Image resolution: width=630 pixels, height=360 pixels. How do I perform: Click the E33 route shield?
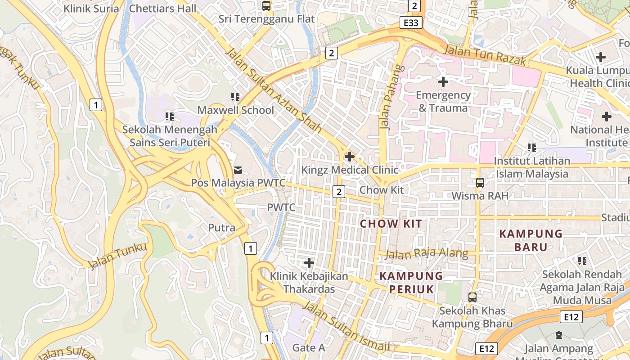411,22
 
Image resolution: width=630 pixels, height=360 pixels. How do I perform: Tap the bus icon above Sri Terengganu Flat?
266,6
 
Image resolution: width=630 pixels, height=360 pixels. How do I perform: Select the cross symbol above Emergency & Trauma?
443,82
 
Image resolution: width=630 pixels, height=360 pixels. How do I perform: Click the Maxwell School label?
236,110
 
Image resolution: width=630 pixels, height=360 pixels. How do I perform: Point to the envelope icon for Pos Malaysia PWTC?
238,170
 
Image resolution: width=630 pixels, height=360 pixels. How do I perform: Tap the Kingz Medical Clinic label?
350,170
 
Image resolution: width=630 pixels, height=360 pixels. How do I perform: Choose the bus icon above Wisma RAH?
480,183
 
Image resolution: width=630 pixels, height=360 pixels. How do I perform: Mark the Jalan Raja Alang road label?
427,254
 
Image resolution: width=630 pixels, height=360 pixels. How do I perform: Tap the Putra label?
221,228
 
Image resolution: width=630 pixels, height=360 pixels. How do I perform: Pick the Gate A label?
309,347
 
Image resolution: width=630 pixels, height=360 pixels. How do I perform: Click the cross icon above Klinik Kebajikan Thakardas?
309,262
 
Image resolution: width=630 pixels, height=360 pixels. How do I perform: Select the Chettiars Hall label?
162,9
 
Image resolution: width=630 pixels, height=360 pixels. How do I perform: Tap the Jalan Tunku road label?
117,256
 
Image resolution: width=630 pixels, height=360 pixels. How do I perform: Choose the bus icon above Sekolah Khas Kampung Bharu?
472,297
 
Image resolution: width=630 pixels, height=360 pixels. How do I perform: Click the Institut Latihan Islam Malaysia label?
532,167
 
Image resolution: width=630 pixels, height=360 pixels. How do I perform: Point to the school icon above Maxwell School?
235,97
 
